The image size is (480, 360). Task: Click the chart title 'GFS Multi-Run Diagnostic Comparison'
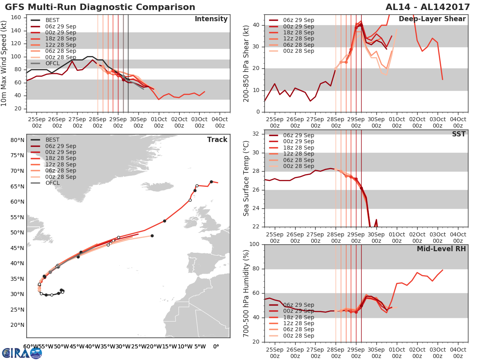tap(100, 7)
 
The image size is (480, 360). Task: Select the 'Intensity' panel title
tap(211, 19)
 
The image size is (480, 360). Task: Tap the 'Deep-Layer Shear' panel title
tap(432, 19)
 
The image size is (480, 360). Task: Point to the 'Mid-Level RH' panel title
tap(441, 249)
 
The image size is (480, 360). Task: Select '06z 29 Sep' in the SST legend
tap(298, 135)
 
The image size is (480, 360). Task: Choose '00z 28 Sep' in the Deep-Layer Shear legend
tap(298, 51)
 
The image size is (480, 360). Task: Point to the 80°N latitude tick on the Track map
tap(17, 140)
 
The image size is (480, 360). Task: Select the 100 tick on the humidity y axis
tap(255, 244)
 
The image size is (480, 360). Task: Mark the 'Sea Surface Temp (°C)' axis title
tap(246, 178)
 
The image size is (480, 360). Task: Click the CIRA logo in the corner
tap(22, 353)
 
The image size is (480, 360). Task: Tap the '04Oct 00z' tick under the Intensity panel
tap(220, 122)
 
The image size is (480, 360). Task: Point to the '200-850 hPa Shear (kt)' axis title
tap(246, 63)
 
